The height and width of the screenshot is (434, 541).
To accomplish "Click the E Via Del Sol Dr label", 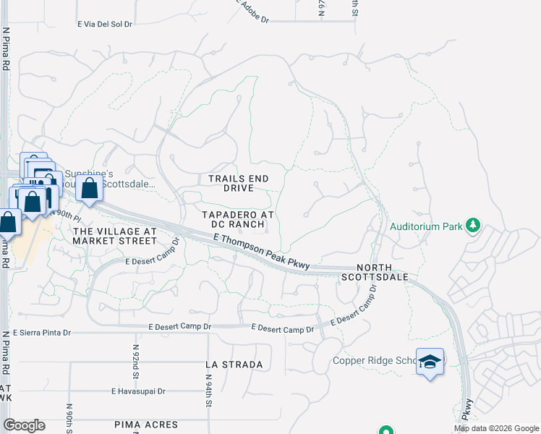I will (105, 24).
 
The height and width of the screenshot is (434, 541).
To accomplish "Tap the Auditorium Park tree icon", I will (473, 225).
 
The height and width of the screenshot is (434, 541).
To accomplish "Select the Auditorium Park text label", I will (426, 226).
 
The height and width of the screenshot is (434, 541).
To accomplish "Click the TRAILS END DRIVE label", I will (238, 183).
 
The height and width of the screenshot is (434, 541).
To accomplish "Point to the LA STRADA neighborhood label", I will (234, 365).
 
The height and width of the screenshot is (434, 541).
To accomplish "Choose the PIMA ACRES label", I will (146, 424).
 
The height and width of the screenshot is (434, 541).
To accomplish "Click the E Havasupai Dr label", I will (138, 391).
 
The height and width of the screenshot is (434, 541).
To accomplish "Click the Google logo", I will (24, 425).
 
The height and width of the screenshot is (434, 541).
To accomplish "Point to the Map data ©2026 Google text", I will (496, 429).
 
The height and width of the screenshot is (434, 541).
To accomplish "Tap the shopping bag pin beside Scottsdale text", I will (89, 190).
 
